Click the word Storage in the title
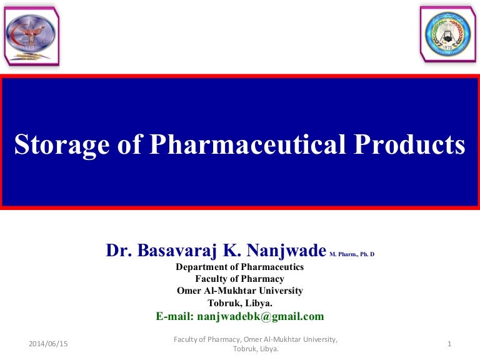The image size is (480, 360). coord(61,144)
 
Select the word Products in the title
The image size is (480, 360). coord(411,144)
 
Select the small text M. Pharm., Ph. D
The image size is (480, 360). coord(351,254)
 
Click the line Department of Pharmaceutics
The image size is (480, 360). coord(239,267)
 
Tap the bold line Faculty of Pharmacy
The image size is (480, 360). coord(239,279)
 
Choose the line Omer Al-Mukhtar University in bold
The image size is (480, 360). coord(239,291)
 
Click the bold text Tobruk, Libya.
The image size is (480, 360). coord(239,302)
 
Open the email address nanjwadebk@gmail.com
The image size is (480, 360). coord(260,316)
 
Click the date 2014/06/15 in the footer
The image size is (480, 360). coord(48,344)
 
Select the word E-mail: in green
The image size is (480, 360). coord(175,316)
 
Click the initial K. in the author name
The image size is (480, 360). coord(229,251)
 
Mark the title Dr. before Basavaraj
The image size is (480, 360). coord(117,251)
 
